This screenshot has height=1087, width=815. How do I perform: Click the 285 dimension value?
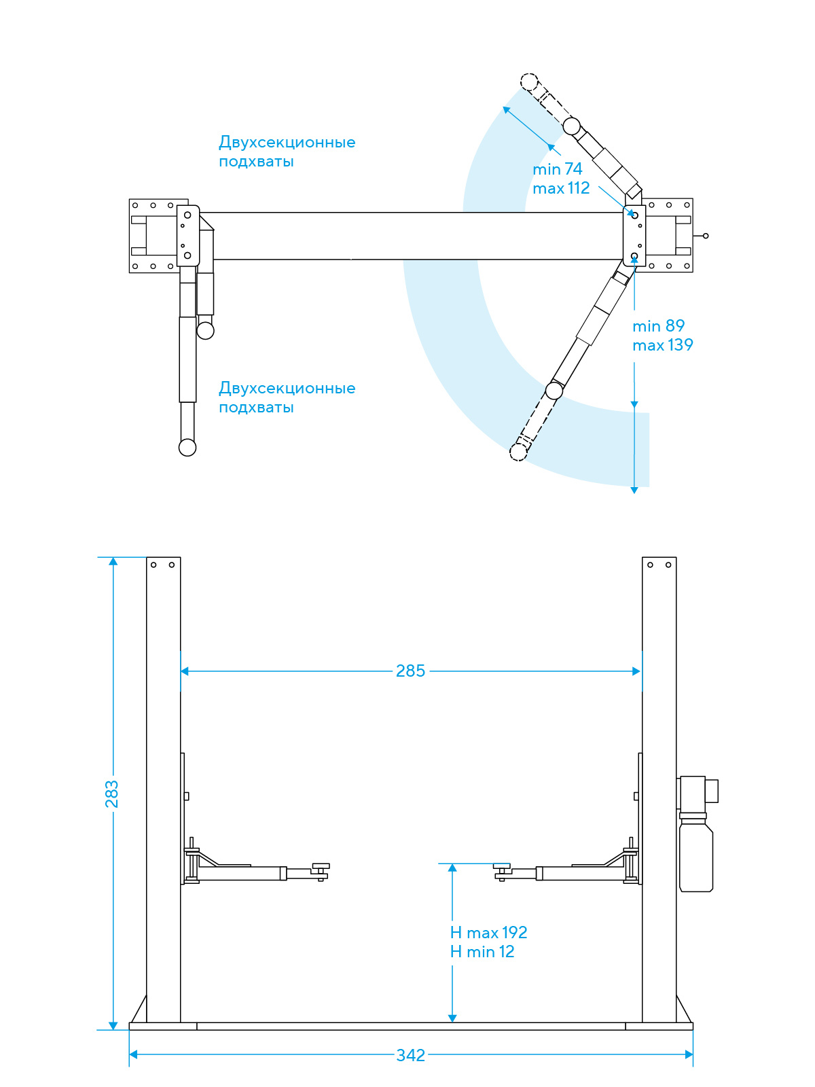click(410, 671)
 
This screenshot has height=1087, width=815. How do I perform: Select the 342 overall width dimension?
click(411, 1055)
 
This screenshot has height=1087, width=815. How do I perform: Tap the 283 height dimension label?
click(112, 794)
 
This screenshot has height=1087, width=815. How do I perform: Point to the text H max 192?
click(488, 933)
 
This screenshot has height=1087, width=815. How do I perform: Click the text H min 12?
click(482, 951)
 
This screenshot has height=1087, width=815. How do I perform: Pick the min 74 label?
click(557, 169)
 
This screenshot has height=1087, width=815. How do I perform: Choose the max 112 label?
click(561, 188)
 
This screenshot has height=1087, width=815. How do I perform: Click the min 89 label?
click(658, 326)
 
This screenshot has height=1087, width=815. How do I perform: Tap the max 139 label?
click(663, 344)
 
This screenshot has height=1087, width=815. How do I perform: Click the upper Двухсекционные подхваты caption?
click(287, 151)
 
